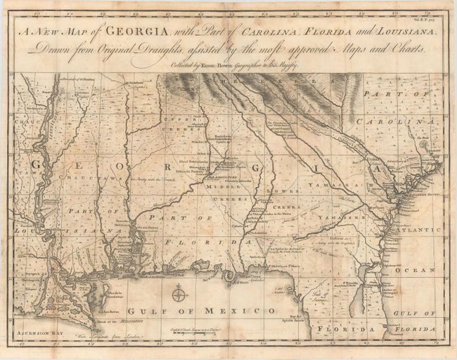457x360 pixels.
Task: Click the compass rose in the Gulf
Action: tap(179, 294)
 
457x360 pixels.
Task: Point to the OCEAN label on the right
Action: tap(426, 269)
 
